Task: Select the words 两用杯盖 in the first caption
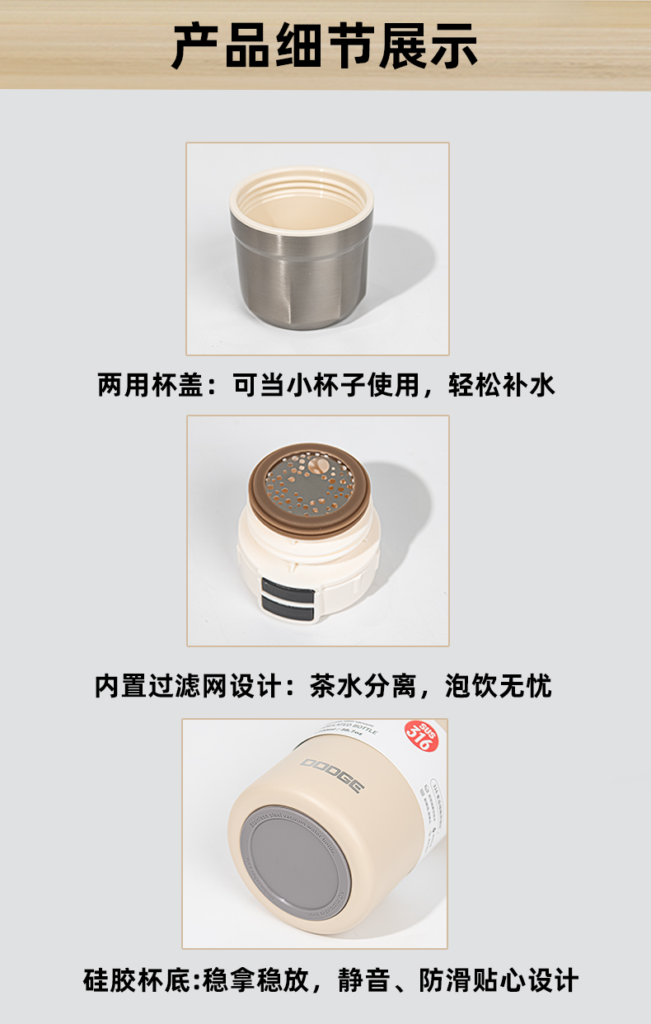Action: (x=149, y=385)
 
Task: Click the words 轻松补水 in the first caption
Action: (x=502, y=385)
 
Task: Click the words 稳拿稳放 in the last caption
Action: (x=256, y=981)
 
